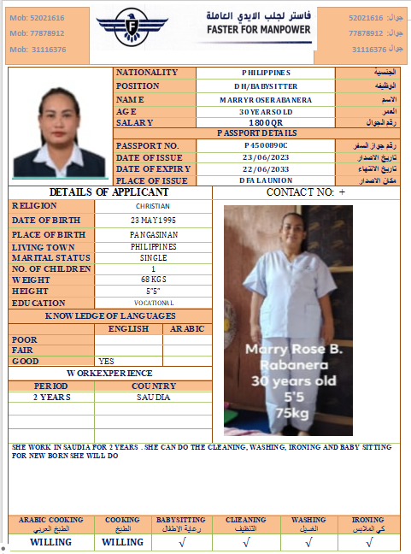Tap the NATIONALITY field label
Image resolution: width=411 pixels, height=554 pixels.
[147, 73]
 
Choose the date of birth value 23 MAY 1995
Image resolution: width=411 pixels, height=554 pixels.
[153, 220]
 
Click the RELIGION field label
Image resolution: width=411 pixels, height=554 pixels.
[35, 205]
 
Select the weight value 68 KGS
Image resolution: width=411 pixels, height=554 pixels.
[153, 280]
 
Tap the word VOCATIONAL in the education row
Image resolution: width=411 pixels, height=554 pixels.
[154, 303]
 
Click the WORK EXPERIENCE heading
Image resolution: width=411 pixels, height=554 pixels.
[109, 374]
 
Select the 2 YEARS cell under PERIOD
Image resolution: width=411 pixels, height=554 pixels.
[51, 398]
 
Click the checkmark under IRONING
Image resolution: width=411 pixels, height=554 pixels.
[367, 541]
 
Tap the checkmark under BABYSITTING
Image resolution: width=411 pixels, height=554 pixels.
[180, 541]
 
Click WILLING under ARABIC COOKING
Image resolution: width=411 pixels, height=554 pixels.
[50, 541]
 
